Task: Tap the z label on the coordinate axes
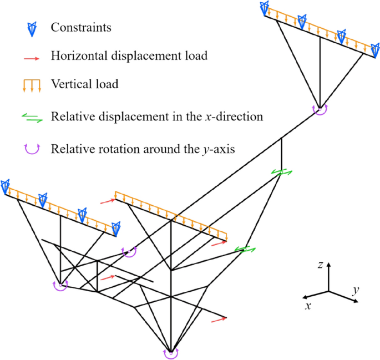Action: coord(321,266)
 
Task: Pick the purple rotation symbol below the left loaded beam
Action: coord(60,285)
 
